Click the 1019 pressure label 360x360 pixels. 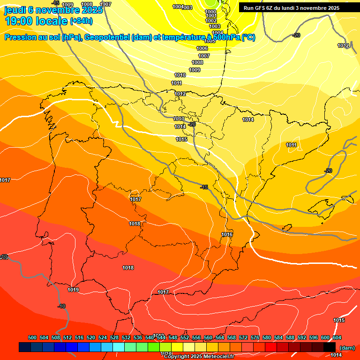coord(73,290)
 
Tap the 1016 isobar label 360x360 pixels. coord(227,234)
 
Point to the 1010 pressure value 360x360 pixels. coord(180,75)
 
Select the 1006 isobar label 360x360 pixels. coord(202,49)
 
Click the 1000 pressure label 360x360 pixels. coord(211,12)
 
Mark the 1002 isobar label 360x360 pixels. coord(211,21)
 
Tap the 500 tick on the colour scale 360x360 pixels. coord(32,337)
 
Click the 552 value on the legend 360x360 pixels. coord(185,337)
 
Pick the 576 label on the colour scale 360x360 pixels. coord(255,337)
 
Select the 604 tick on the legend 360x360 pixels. coord(337,337)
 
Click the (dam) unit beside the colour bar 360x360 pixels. coord(347,348)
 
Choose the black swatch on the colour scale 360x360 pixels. coord(330,347)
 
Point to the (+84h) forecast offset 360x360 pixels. coord(81,21)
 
